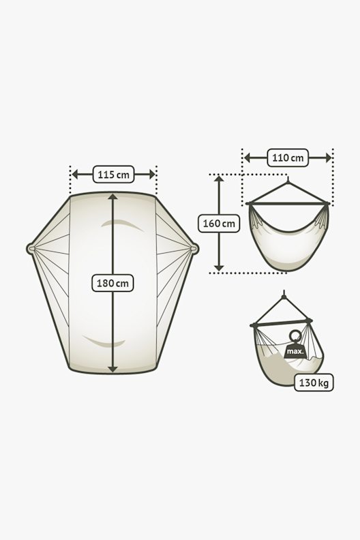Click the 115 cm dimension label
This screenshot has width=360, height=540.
[x=113, y=175]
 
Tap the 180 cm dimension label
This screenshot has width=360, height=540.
[x=112, y=283]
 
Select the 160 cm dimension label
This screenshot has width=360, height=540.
[x=219, y=224]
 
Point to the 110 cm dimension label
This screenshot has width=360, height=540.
[x=288, y=157]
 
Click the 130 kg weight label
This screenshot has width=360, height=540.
[x=314, y=382]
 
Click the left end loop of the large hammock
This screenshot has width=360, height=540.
[x=31, y=249]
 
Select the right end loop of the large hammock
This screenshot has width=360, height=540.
[x=194, y=249]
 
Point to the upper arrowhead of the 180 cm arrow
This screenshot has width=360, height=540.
[x=112, y=196]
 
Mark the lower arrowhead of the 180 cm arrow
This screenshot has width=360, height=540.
[x=112, y=369]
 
